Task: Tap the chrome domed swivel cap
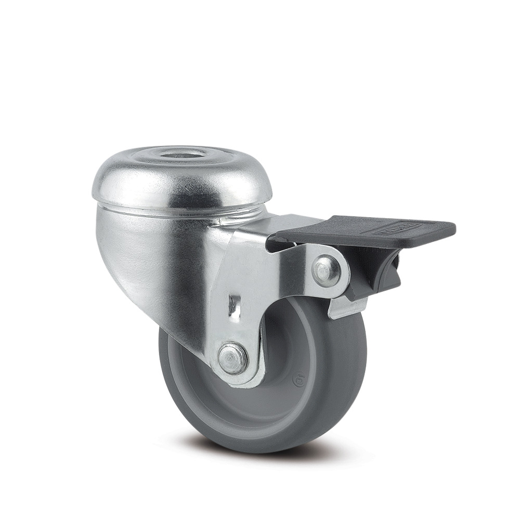pos(130,182)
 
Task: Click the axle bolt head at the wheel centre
pos(232,358)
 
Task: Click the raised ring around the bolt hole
pos(156,156)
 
